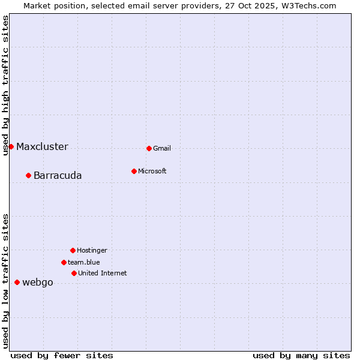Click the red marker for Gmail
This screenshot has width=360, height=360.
coord(149,148)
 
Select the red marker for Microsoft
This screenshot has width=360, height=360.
coord(134,171)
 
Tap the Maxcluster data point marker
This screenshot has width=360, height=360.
coord(11,146)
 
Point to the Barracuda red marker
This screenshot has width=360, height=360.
coord(28,175)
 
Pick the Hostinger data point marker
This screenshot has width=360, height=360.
coord(73,250)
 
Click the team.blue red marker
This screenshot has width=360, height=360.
coord(64,262)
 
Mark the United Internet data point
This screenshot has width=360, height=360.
coord(74,273)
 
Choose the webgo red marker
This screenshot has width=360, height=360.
coord(17,282)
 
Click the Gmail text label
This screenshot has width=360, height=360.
coord(162,148)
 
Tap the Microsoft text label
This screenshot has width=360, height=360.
coord(152,171)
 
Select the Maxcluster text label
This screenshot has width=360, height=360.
coord(42,147)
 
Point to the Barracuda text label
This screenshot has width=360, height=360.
coord(58,176)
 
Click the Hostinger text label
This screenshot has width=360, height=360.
coord(92,250)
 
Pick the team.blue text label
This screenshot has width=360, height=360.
coord(84,262)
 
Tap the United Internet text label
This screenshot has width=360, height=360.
coord(103,273)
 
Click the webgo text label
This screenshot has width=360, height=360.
coord(38,283)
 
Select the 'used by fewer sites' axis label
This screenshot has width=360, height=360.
coord(62,355)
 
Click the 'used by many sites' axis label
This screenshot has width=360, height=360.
coord(301,355)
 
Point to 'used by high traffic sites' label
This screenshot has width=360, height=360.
coord(6,85)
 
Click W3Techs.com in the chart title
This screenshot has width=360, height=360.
coord(306,5)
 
